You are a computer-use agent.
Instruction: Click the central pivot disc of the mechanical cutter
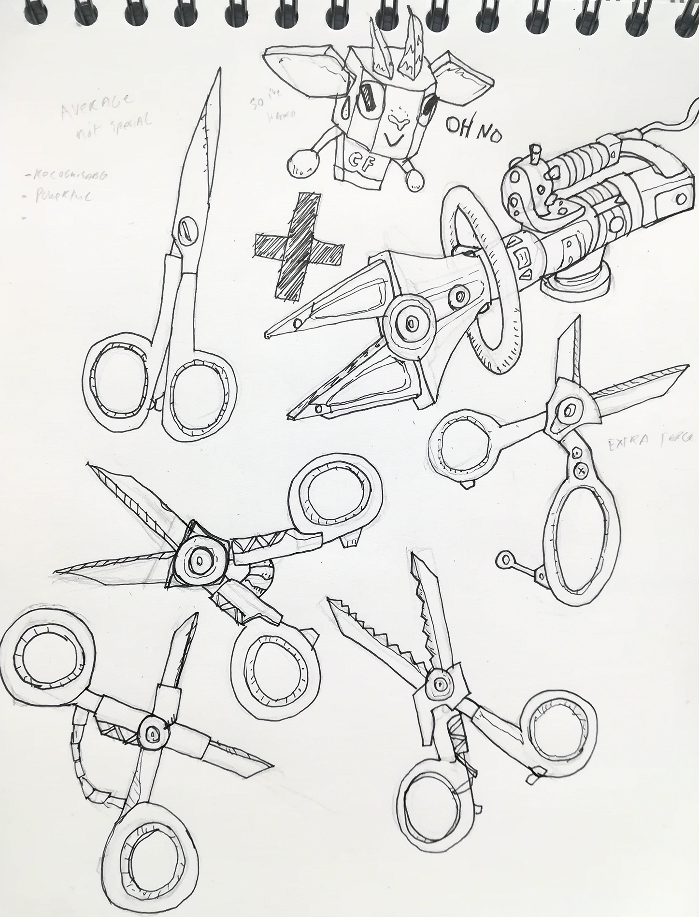[411, 321]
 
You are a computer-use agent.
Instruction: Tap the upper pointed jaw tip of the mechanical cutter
[269, 334]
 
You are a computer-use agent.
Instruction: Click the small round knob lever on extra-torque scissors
[506, 559]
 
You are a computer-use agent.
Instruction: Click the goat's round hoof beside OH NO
[414, 179]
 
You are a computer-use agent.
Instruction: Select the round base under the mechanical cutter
[575, 285]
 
